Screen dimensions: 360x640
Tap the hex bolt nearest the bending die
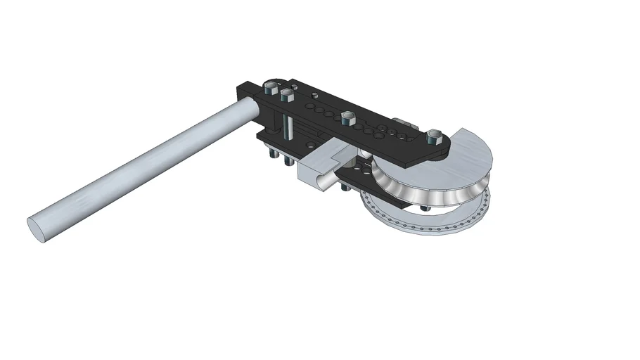(433, 136)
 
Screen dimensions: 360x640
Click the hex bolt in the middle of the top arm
(347, 117)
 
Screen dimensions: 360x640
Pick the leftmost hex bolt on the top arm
(270, 88)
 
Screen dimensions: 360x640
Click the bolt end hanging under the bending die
(423, 208)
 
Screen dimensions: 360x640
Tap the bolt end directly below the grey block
(343, 187)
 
